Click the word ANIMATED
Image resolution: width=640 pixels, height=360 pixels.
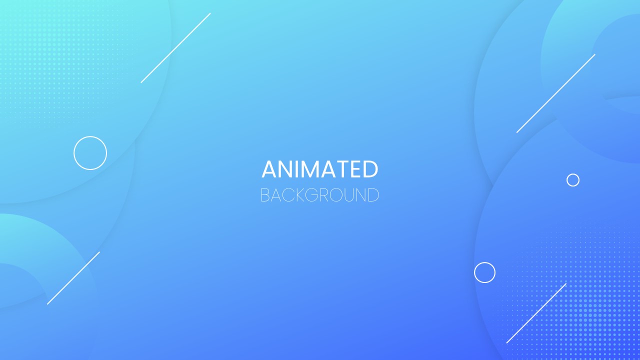tap(320, 169)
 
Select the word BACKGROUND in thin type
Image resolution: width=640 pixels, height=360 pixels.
tap(320, 195)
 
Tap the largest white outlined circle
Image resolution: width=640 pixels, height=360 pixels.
tap(90, 152)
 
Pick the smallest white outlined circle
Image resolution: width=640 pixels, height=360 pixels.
tap(572, 180)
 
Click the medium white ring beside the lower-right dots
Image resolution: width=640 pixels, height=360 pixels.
tap(484, 272)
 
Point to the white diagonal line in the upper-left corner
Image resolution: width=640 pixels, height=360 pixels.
tap(175, 48)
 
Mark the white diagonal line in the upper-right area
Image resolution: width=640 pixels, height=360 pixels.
tap(555, 93)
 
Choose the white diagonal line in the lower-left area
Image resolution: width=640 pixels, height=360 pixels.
tap(73, 278)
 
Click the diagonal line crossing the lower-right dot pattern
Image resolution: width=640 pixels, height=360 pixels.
tap(536, 313)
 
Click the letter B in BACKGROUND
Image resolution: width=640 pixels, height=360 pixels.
tap(264, 195)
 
